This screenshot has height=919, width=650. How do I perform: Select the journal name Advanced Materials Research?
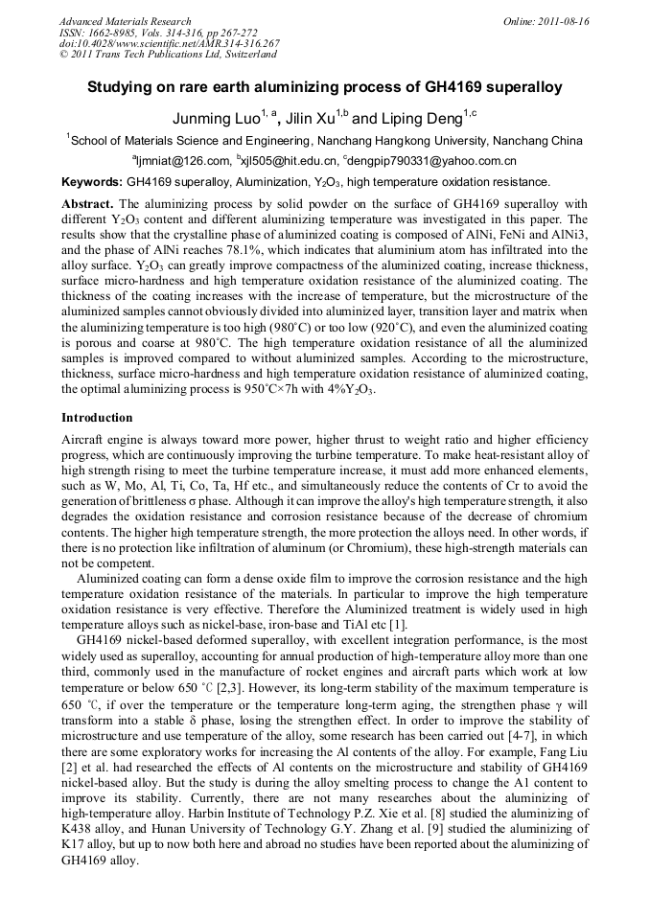click(x=125, y=21)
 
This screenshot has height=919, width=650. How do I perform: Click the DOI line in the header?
click(x=169, y=44)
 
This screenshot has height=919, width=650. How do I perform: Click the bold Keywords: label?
click(x=91, y=182)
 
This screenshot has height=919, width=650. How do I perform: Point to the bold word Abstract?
click(x=87, y=204)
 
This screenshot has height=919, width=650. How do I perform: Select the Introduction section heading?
click(x=97, y=418)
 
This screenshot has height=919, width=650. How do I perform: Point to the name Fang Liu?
click(x=567, y=770)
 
